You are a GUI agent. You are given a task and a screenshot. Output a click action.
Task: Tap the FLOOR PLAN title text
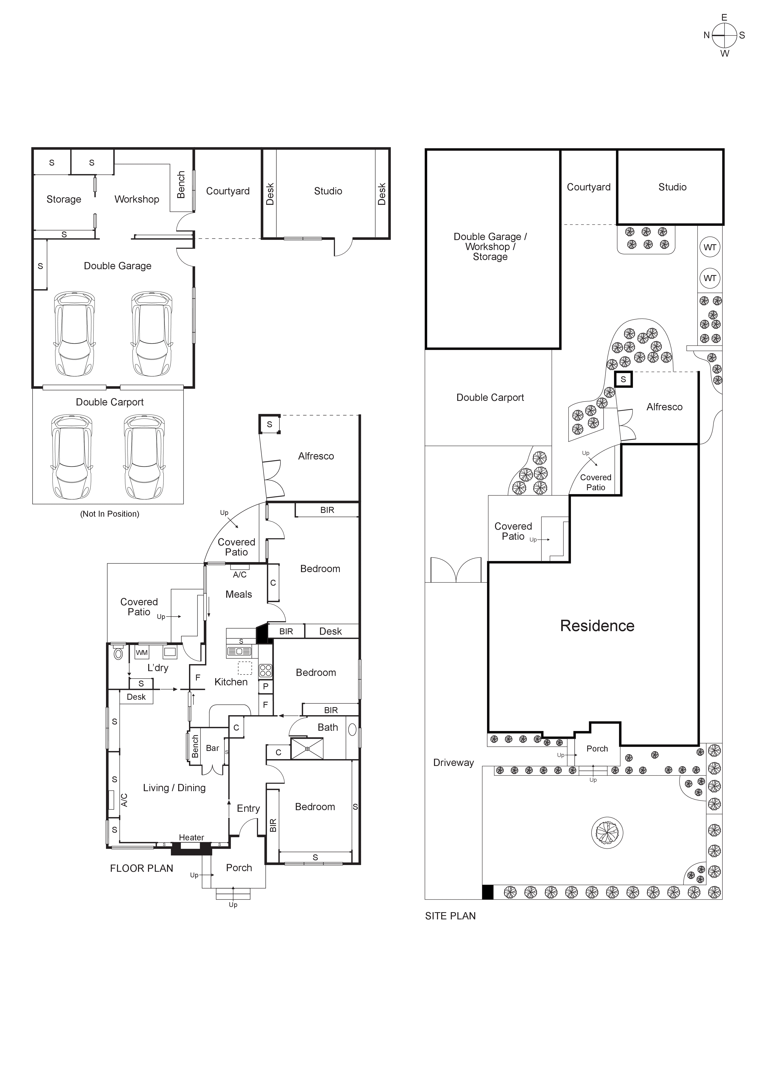click(x=141, y=868)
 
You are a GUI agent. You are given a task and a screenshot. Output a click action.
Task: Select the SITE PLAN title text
click(x=450, y=916)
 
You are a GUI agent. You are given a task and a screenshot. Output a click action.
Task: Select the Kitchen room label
click(x=231, y=682)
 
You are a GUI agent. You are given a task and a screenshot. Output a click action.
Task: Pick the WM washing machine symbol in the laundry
click(x=142, y=653)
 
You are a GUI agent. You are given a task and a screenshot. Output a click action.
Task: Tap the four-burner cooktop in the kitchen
click(x=265, y=671)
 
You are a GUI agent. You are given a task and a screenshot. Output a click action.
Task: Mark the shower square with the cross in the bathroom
click(x=307, y=749)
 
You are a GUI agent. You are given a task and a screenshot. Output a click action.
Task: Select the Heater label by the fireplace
click(x=191, y=837)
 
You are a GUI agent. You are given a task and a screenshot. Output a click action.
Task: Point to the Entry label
click(x=248, y=808)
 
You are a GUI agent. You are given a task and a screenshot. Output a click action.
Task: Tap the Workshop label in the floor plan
click(x=137, y=199)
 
